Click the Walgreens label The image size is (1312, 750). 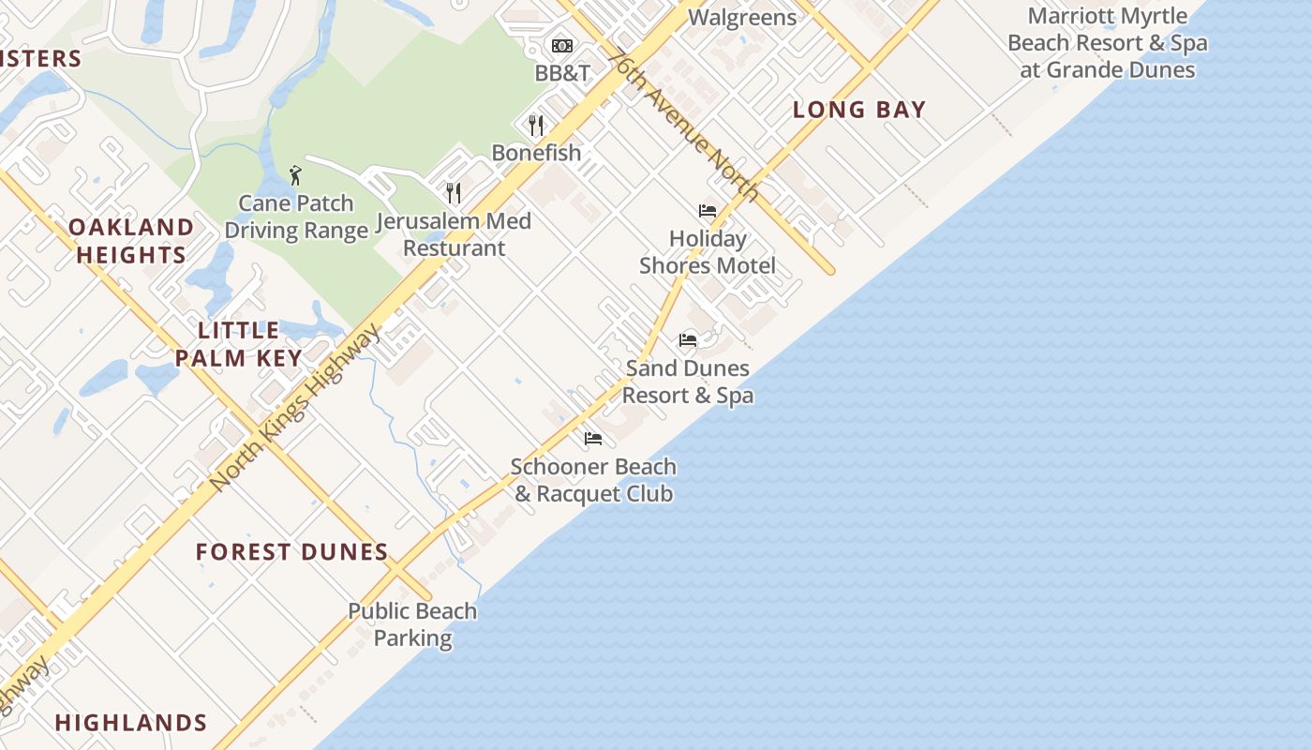click(741, 17)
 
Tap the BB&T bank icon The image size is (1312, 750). click(562, 46)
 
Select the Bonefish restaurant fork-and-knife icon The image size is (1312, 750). click(536, 125)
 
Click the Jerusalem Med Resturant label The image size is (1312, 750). click(454, 234)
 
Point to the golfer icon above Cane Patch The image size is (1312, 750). click(296, 175)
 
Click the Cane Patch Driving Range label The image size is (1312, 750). click(296, 217)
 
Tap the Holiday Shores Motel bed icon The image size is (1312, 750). click(708, 211)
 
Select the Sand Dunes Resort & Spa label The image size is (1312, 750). click(688, 382)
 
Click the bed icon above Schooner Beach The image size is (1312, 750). click(593, 438)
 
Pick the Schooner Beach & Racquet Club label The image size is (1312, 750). click(593, 480)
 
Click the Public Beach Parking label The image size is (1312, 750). click(412, 624)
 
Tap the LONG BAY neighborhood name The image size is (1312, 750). click(859, 110)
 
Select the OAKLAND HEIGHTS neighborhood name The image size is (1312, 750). click(131, 241)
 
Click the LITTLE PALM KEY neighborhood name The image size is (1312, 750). click(239, 344)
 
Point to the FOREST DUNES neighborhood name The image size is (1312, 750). click(292, 552)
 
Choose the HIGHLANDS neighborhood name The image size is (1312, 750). click(131, 723)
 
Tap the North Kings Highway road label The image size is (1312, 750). click(296, 407)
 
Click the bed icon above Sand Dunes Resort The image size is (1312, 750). click(688, 339)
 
